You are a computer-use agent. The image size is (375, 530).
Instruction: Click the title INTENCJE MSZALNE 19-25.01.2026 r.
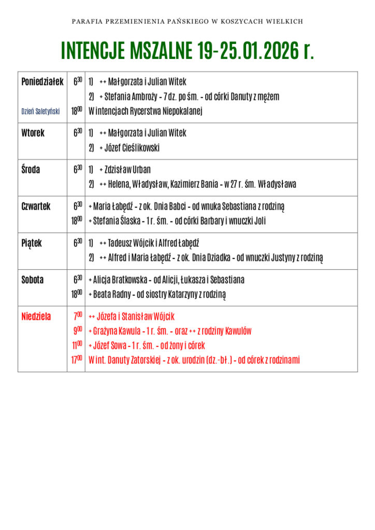point(187,51)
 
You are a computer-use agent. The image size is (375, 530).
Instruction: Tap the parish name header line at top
point(187,22)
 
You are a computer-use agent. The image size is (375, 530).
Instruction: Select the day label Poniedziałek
point(42,82)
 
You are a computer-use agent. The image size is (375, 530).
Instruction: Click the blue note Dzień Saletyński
point(40,111)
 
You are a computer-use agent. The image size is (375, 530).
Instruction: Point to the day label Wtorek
point(33,134)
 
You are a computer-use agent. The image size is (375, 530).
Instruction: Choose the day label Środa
point(31,170)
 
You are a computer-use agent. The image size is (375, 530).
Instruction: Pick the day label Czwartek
point(36,207)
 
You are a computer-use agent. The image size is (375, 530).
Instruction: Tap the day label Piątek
point(32,243)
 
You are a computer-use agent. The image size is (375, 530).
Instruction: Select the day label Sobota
point(33,280)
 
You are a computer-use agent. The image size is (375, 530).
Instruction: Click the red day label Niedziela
point(36,317)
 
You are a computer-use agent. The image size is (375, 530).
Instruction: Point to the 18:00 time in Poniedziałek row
point(77,111)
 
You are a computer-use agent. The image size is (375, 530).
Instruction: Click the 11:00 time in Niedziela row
point(77,345)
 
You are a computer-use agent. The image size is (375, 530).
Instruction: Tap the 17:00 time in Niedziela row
point(77,360)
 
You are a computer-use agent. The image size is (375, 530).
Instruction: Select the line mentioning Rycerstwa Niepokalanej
point(145,111)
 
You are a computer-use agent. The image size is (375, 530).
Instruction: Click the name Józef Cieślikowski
point(132,148)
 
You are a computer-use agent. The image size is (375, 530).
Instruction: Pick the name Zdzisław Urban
point(127,170)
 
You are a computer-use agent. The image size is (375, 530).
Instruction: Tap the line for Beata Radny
point(157,295)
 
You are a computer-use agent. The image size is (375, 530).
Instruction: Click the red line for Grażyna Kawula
point(170,331)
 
